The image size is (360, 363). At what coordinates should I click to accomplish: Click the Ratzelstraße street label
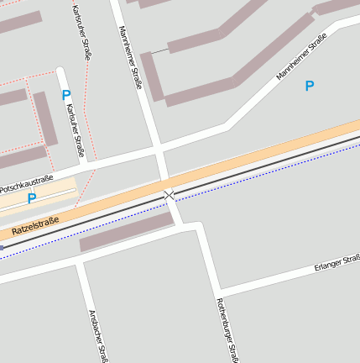click(x=36, y=224)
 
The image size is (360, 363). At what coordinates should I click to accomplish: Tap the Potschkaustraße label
click(x=26, y=184)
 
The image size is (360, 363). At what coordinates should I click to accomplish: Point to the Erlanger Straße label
click(x=337, y=264)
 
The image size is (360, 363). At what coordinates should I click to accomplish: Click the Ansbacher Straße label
click(x=97, y=334)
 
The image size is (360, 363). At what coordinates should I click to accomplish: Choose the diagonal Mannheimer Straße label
click(x=301, y=57)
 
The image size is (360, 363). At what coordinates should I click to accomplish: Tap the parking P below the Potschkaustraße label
click(x=32, y=199)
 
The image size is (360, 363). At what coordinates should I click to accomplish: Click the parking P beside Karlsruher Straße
click(x=66, y=96)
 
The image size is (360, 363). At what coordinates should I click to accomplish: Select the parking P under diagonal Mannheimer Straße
click(x=310, y=86)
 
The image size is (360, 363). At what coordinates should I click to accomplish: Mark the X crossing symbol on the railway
click(x=170, y=195)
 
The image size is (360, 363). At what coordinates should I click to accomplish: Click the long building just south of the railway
click(x=127, y=232)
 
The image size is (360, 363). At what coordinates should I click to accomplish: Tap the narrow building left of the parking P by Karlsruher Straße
click(x=45, y=118)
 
